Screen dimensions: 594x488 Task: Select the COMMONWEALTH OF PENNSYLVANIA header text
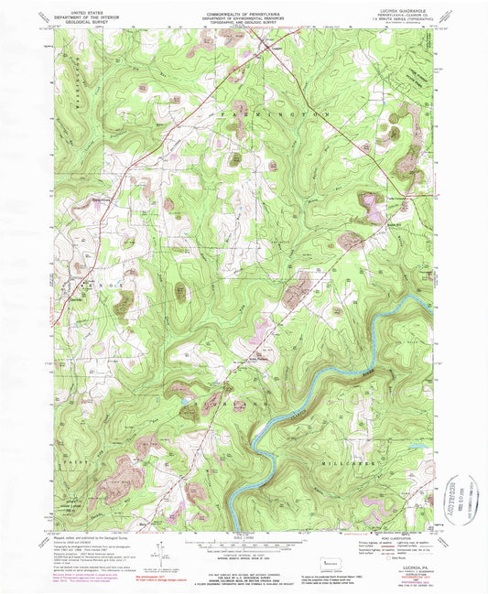[x=244, y=6]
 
